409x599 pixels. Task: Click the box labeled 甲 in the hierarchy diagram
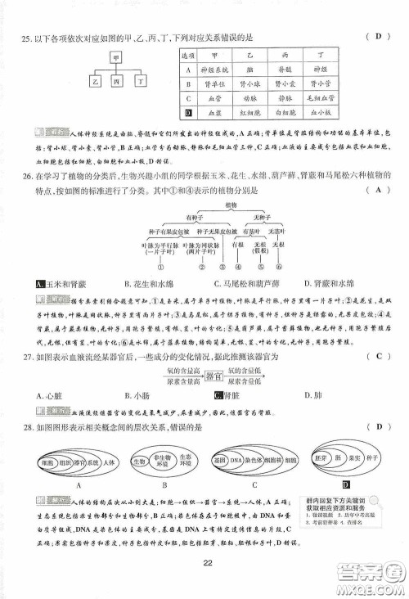point(116,59)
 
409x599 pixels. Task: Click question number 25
point(26,37)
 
